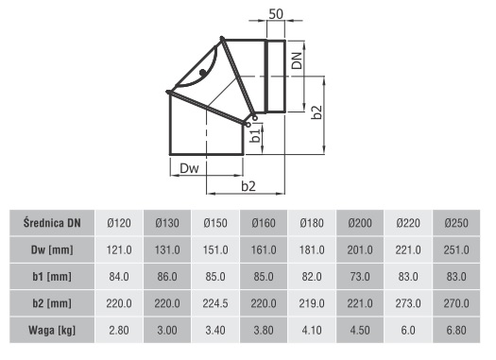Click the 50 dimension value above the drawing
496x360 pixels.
tap(276, 14)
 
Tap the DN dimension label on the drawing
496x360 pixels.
tap(297, 60)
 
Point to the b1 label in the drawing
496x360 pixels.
tap(255, 134)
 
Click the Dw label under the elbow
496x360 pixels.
tap(189, 168)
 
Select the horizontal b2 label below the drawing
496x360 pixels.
tap(248, 186)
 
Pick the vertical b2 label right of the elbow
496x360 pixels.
tap(316, 112)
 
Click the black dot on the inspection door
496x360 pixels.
tap(203, 73)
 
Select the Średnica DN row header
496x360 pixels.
tap(52, 223)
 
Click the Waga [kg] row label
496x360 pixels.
tap(52, 331)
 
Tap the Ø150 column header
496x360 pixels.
tap(215, 223)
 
